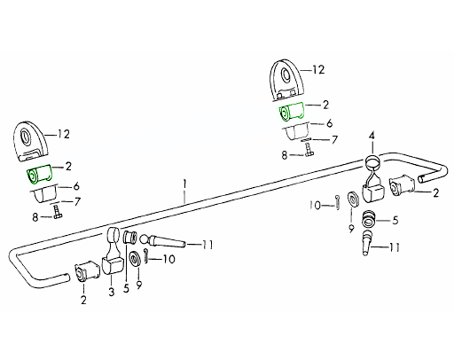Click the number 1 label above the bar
pyautogui.click(x=184, y=184)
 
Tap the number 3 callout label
pyautogui.click(x=111, y=292)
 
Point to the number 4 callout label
pyautogui.click(x=372, y=137)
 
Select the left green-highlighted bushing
pyautogui.click(x=39, y=174)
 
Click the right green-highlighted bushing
pyautogui.click(x=292, y=112)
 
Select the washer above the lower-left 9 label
pyautogui.click(x=135, y=258)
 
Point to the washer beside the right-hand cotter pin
pyautogui.click(x=353, y=199)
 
